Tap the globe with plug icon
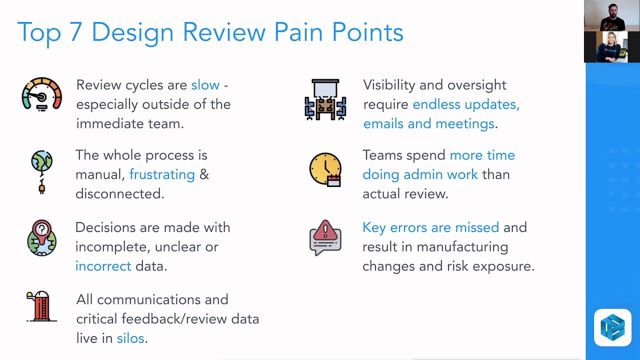pyautogui.click(x=41, y=171)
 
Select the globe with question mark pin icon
pyautogui.click(x=41, y=238)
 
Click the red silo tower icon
pyautogui.click(x=41, y=306)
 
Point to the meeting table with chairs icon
pyautogui.click(x=325, y=99)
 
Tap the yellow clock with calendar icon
pyautogui.click(x=325, y=169)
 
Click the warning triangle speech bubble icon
pyautogui.click(x=325, y=237)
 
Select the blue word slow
pyautogui.click(x=205, y=85)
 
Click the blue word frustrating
pyautogui.click(x=162, y=174)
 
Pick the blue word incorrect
pyautogui.click(x=103, y=266)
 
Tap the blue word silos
pyautogui.click(x=130, y=338)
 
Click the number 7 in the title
pyautogui.click(x=75, y=32)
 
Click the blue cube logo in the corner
pyautogui.click(x=612, y=328)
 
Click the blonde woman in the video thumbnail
pyautogui.click(x=610, y=47)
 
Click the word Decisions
pyautogui.click(x=105, y=227)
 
